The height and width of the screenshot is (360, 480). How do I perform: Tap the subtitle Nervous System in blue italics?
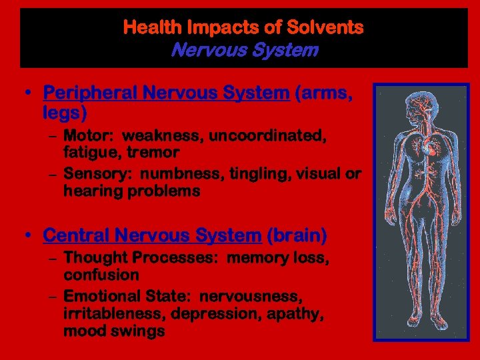[x=244, y=50]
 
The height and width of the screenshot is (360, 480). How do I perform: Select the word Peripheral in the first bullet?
[x=88, y=93]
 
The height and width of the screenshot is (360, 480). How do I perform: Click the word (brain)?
[x=297, y=235]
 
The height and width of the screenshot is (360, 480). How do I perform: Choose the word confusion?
[x=101, y=275]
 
